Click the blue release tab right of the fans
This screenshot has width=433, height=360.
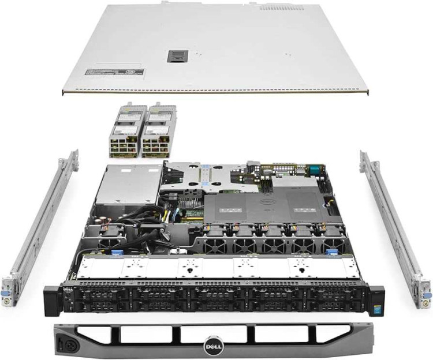331,252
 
